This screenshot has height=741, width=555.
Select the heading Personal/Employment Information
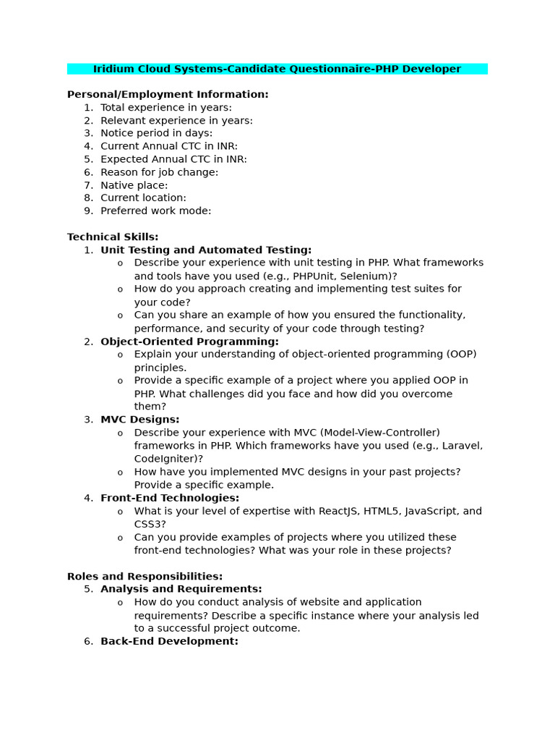pos(168,95)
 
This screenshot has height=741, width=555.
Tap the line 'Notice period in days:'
pos(156,133)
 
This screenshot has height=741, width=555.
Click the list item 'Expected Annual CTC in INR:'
pos(173,159)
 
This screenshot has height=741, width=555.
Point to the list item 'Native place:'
pos(134,185)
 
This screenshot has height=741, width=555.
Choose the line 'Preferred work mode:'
pos(155,211)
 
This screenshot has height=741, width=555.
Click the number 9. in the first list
pos(88,211)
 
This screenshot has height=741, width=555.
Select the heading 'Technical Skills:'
pos(113,237)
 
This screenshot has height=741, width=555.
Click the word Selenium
pos(369,276)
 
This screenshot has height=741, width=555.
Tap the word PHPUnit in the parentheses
pos(318,276)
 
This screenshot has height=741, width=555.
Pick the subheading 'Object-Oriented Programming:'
pos(189,342)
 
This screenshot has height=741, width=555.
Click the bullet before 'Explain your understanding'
pos(120,355)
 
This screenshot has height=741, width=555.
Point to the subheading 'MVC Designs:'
pos(139,420)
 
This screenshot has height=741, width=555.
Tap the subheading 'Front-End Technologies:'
pos(170,498)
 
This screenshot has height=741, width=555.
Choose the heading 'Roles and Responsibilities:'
pos(145,577)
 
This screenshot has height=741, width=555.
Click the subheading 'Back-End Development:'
pos(169,641)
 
